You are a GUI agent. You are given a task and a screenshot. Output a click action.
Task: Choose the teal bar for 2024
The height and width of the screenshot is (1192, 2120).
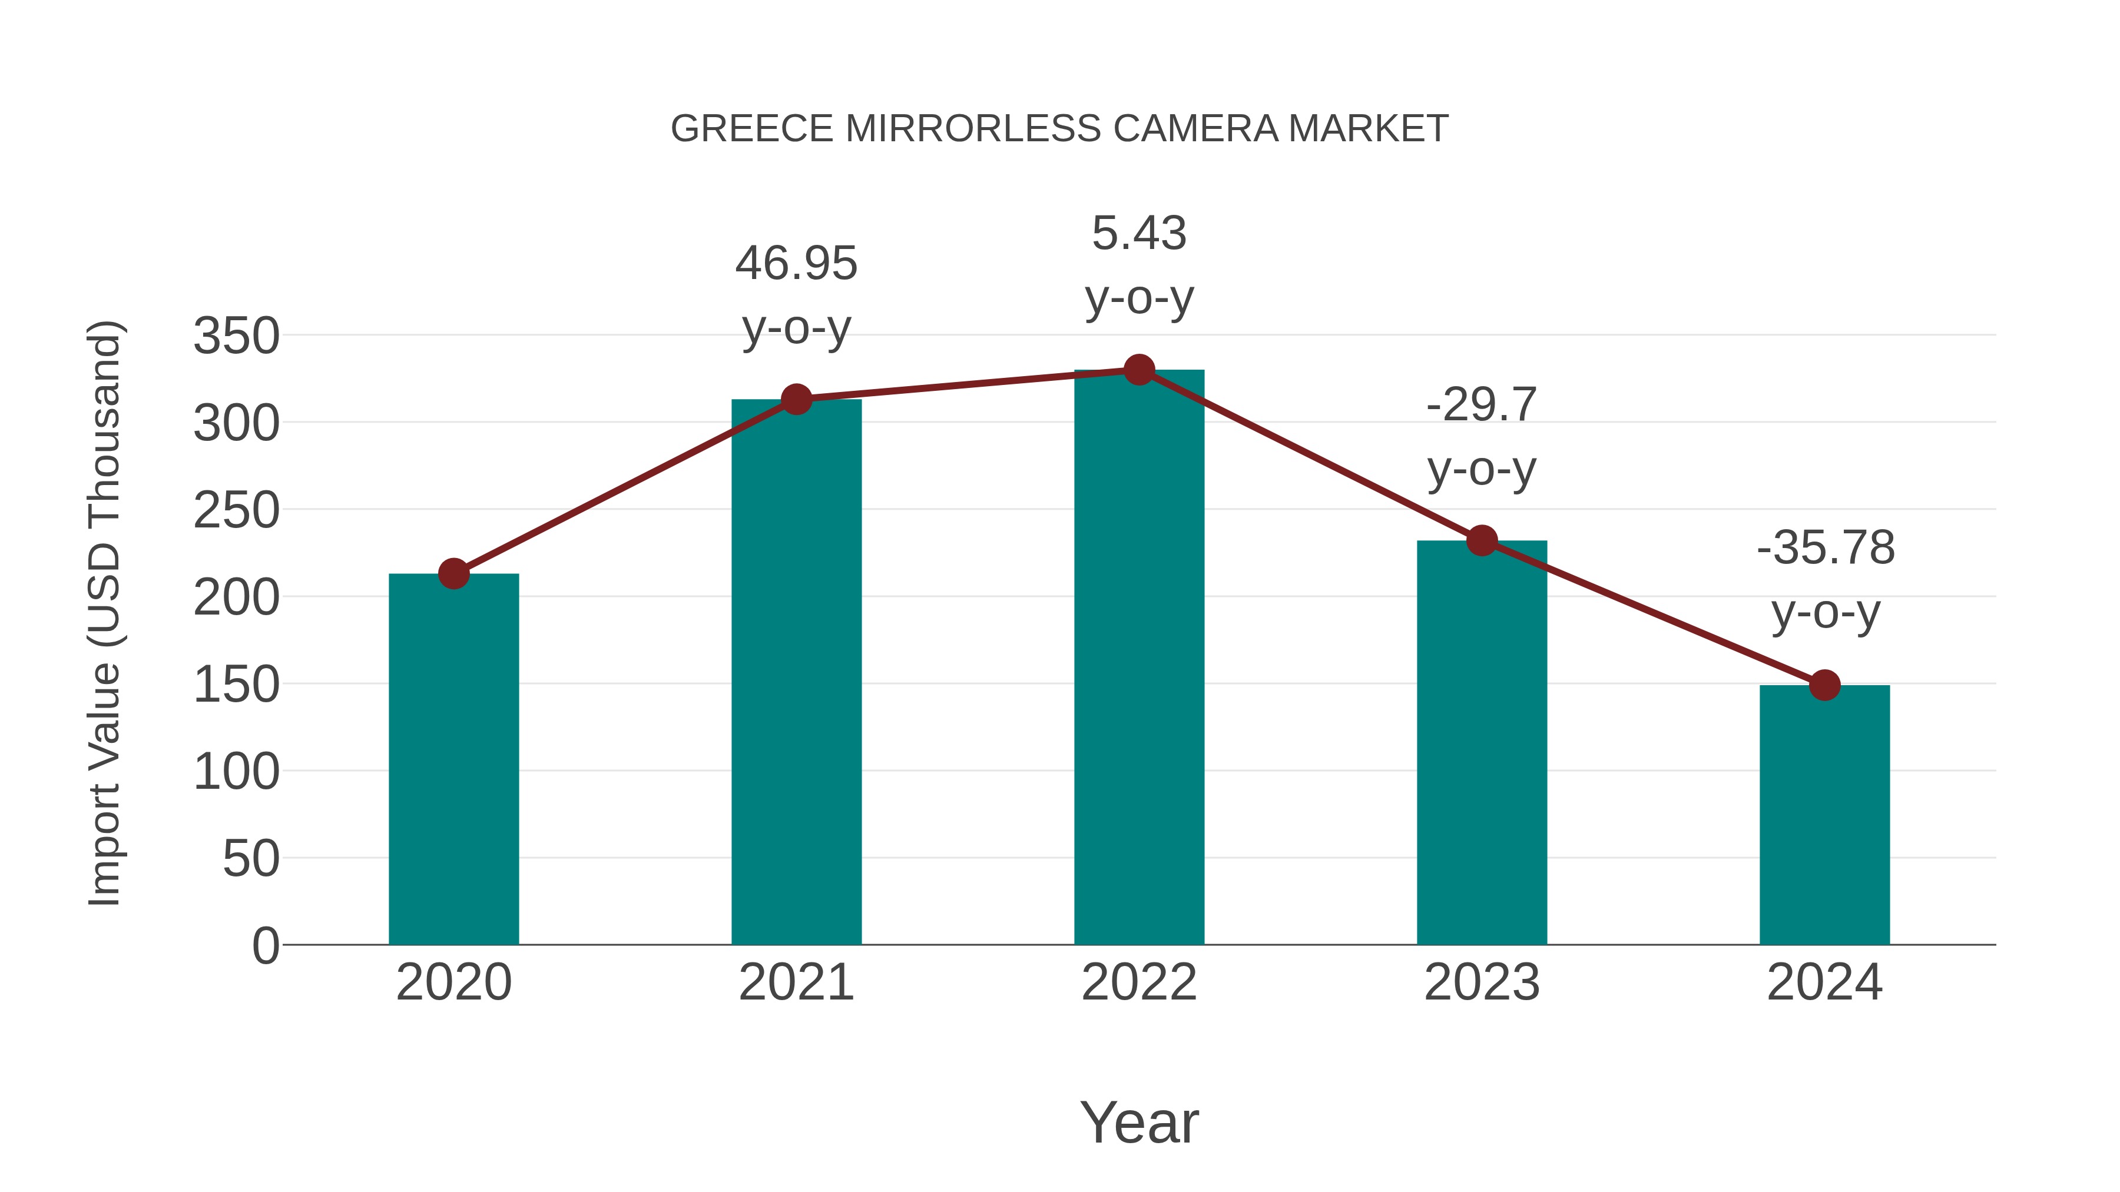[1824, 815]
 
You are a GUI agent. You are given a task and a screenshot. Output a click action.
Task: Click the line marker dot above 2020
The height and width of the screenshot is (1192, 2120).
[453, 573]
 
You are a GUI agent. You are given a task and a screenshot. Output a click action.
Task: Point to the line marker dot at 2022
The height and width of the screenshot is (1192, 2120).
[1139, 370]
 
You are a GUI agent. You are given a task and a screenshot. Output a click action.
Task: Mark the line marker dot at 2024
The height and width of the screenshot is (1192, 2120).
[1824, 685]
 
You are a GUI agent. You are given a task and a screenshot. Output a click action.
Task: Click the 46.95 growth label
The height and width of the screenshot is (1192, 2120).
[796, 264]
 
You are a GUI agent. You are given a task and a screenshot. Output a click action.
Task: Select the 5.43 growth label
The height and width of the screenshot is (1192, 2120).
[1139, 234]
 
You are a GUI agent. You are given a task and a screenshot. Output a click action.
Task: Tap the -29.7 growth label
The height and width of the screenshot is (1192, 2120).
[1482, 405]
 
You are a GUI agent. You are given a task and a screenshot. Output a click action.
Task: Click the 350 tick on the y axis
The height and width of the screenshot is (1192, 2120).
[236, 337]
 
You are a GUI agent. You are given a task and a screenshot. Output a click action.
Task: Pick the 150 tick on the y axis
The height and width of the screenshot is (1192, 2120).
[236, 685]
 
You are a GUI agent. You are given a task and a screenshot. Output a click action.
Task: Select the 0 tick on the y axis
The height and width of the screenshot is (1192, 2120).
[265, 945]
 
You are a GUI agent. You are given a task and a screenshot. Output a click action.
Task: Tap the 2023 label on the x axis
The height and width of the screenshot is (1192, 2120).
[1482, 982]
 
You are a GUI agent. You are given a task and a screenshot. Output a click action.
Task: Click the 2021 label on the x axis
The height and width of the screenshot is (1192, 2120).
[796, 982]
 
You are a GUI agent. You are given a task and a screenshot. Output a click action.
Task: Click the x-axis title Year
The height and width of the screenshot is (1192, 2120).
[1139, 1122]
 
